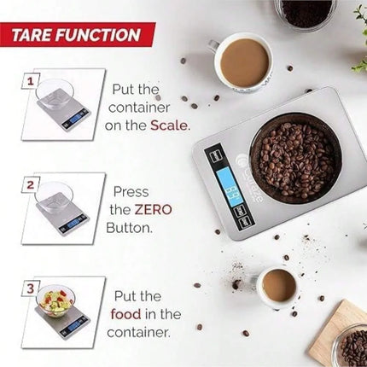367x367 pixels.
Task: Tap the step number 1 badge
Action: tap(32, 82)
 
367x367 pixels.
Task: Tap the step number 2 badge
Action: tap(32, 184)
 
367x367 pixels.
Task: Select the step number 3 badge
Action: tap(32, 288)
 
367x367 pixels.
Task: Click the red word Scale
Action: tap(169, 124)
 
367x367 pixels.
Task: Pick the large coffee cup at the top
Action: tap(244, 62)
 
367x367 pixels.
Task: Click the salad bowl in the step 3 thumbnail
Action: tap(55, 300)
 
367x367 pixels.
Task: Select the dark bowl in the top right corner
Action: tap(305, 12)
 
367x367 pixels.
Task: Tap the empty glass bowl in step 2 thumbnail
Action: tap(54, 195)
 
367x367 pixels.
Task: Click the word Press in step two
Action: tap(131, 192)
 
